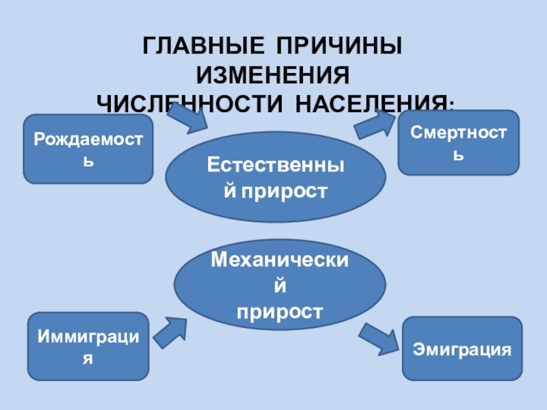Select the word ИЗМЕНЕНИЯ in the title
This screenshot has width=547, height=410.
coord(273,76)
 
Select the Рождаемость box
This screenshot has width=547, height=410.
coord(88,150)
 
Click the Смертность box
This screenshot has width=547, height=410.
coord(459,142)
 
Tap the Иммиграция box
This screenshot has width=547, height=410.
coord(88,346)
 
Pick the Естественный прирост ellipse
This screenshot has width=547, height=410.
coord(276,177)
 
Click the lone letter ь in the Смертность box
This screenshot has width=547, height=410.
coord(459,155)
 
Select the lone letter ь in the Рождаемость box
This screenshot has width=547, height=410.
coord(88,163)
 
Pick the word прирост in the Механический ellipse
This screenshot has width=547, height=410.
coord(280,311)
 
